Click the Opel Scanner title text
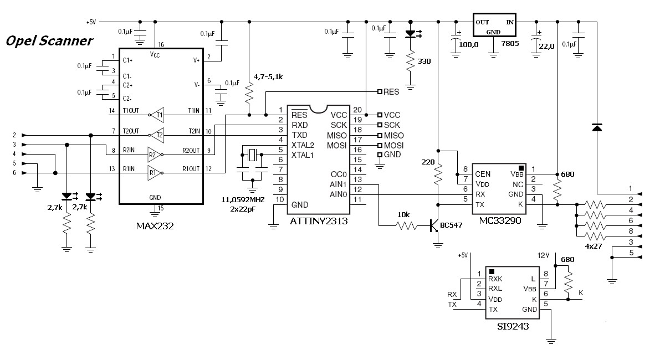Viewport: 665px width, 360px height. point(49,41)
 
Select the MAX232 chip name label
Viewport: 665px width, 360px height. point(155,226)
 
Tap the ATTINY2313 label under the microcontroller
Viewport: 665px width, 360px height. point(319,221)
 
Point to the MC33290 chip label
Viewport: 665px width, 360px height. point(500,220)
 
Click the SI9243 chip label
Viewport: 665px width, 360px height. point(513,326)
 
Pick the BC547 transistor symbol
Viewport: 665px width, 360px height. point(434,225)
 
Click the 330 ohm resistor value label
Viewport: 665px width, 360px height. point(424,61)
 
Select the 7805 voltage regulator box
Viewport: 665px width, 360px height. point(494,25)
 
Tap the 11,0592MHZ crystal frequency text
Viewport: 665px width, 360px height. point(243,200)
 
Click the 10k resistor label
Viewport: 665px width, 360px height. point(403,214)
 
